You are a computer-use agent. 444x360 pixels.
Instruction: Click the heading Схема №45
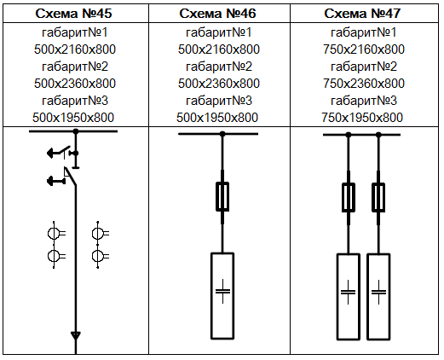point(73,14)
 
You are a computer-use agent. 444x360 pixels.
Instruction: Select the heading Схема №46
point(217,14)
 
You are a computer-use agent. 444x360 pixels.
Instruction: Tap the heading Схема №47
point(362,14)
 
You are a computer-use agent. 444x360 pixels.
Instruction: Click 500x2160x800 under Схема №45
point(75,49)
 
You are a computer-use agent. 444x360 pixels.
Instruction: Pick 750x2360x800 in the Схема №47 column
point(364,84)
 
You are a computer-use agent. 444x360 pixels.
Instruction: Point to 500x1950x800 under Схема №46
point(217,118)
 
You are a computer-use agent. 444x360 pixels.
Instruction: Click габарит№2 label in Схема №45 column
point(75,67)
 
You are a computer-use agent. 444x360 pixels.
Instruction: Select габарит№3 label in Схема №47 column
point(364,101)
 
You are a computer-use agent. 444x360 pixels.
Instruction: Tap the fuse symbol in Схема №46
point(222,197)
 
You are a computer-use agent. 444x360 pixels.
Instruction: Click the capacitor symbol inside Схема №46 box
point(222,291)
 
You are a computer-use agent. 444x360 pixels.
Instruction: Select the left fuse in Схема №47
point(349,198)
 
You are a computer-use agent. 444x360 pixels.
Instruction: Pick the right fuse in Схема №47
point(378,198)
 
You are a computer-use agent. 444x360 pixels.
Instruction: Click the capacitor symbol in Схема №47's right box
point(378,292)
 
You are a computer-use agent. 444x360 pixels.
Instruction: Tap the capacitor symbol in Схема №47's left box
point(348,292)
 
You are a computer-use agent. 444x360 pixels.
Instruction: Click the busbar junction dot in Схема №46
point(222,134)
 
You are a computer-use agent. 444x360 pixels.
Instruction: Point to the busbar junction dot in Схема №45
point(76,131)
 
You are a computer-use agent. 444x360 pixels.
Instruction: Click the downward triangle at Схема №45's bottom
point(76,335)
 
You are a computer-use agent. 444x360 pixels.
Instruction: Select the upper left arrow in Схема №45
point(54,154)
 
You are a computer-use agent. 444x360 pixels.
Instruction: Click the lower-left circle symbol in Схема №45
point(54,256)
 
